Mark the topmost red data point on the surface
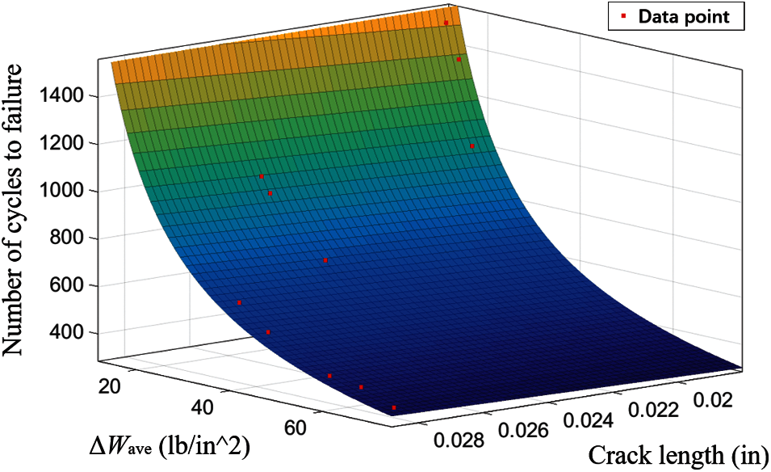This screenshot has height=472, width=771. coord(446,23)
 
